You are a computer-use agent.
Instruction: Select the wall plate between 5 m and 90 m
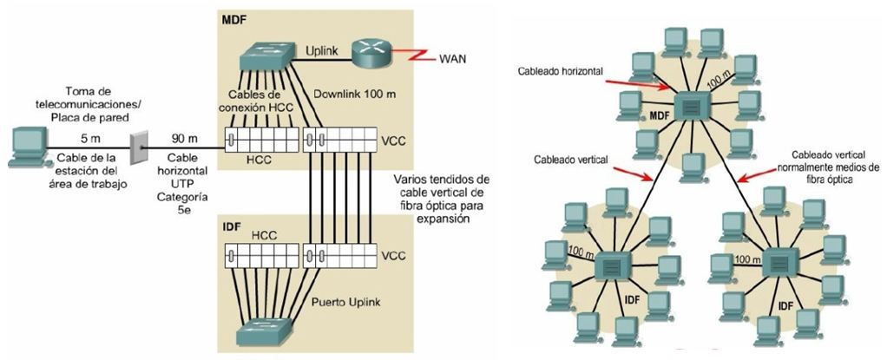pyautogui.click(x=135, y=147)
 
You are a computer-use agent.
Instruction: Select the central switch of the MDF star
pyautogui.click(x=692, y=108)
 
